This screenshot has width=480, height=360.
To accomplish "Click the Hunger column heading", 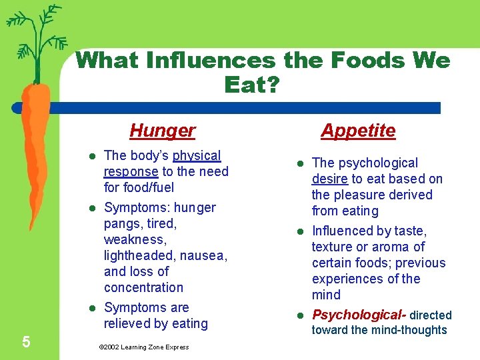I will [x=162, y=130].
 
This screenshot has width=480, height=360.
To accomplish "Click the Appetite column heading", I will [x=358, y=131].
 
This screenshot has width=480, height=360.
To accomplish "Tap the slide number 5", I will [x=25, y=342].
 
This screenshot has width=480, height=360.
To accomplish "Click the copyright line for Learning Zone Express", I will [x=143, y=347].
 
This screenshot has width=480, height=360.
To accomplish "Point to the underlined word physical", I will [x=197, y=156].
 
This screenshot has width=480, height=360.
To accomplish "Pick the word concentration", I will [x=143, y=287].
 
